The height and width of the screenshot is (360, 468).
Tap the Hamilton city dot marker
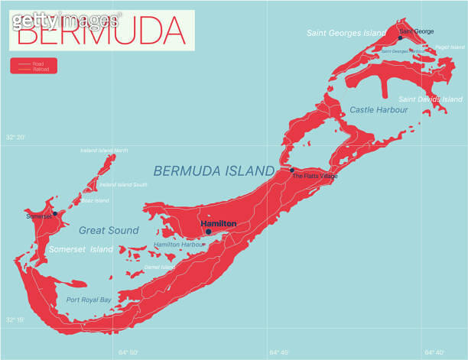(208, 232)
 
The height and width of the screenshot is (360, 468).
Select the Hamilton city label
(219, 223)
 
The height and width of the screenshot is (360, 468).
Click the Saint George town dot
(400, 37)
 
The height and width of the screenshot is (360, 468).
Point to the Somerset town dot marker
(55, 213)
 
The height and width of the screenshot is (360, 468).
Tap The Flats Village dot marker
(291, 170)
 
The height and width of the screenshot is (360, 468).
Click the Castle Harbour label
(379, 110)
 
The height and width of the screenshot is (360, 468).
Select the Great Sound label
(109, 230)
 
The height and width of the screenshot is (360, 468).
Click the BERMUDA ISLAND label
(213, 171)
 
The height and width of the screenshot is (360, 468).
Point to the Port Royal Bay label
(88, 300)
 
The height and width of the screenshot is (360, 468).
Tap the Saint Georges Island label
(346, 33)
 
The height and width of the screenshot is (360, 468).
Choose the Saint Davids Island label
(430, 99)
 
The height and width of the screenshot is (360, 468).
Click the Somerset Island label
(81, 249)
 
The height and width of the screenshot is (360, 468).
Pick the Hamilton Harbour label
(177, 245)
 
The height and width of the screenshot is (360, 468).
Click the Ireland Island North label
(104, 150)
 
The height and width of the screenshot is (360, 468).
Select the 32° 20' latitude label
(15, 137)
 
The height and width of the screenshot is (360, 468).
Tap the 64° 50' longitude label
(129, 352)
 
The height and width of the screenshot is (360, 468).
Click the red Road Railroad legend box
(34, 66)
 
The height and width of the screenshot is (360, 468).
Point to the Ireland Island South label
(123, 184)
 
